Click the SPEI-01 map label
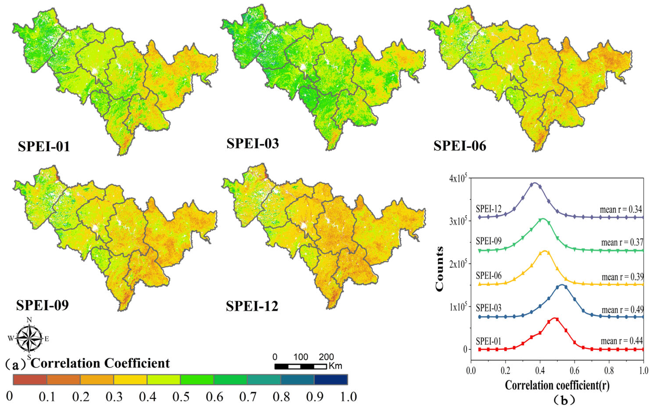pyautogui.click(x=44, y=147)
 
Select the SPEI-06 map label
pyautogui.click(x=460, y=146)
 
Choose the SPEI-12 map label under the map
pyautogui.click(x=252, y=307)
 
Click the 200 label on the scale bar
pyautogui.click(x=326, y=357)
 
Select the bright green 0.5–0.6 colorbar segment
pyautogui.click(x=197, y=380)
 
